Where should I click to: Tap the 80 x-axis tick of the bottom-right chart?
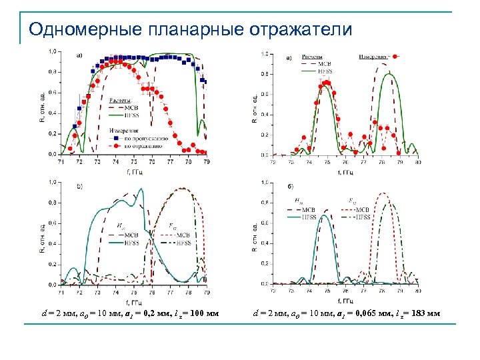click(418, 291)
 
